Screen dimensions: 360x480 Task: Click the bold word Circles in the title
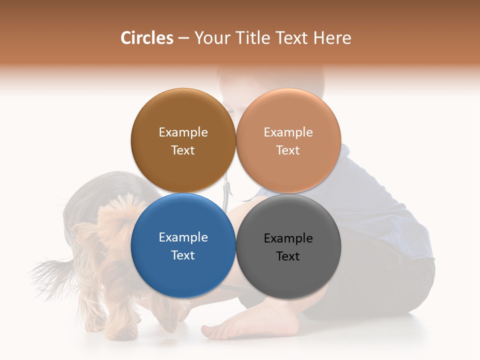(146, 37)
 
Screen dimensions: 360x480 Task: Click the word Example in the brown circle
(183, 132)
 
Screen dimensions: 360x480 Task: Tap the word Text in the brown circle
(183, 150)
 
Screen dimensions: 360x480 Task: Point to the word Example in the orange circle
(288, 132)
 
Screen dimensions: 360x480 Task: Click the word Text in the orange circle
(288, 150)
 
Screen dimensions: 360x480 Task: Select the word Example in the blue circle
(183, 237)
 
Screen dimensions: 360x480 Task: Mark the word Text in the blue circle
(183, 255)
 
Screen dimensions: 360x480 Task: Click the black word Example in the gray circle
(288, 238)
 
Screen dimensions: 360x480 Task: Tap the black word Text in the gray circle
(288, 256)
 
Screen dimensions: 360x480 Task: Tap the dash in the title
(183, 38)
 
